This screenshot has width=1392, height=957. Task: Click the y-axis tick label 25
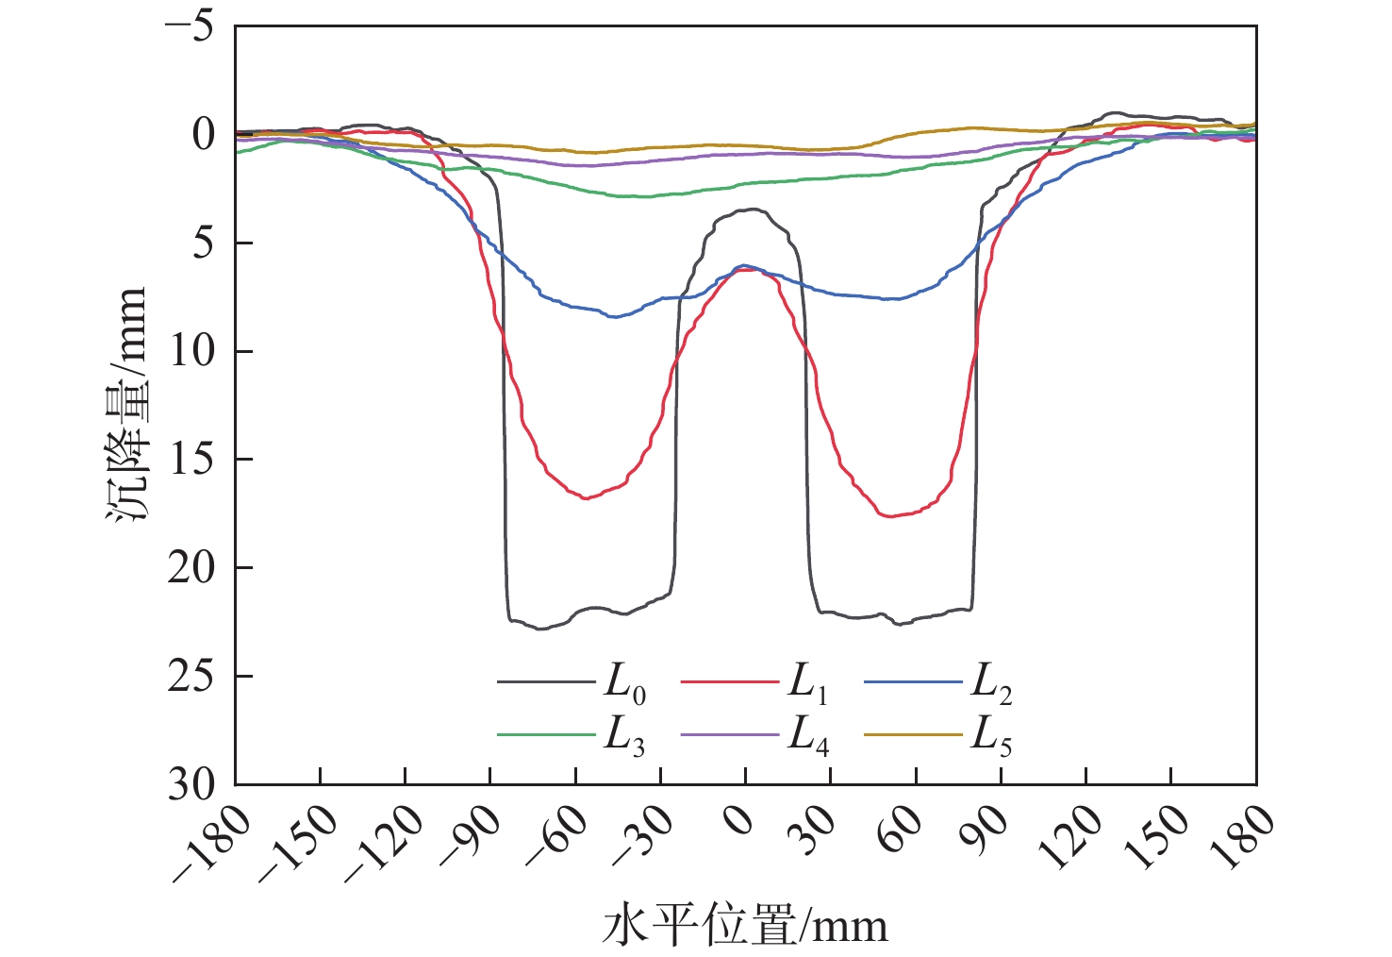(191, 677)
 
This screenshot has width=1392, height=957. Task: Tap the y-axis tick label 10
(191, 351)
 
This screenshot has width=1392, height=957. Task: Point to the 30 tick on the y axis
(191, 784)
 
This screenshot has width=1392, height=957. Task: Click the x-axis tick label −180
(212, 845)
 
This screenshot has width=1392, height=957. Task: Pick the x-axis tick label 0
(741, 821)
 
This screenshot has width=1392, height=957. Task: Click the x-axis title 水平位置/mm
(745, 926)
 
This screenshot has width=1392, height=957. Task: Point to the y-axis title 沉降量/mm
(127, 406)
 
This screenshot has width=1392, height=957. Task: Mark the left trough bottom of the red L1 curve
(586, 497)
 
